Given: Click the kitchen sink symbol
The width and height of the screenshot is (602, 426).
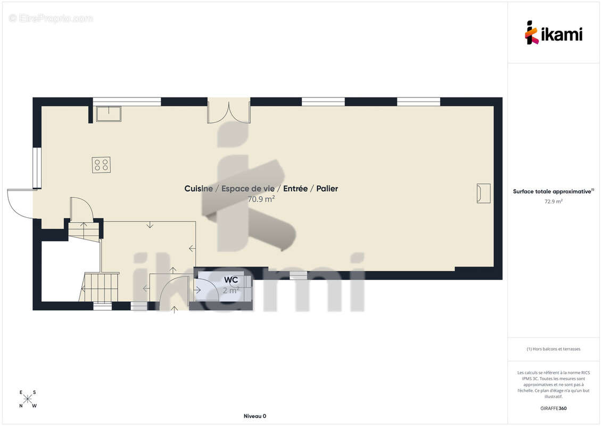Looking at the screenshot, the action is (x=109, y=114).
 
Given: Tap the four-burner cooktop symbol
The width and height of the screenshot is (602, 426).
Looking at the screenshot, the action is (x=101, y=165).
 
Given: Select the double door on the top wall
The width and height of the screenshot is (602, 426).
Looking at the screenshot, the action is (x=229, y=111).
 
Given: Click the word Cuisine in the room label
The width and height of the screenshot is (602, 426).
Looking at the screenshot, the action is (x=199, y=189).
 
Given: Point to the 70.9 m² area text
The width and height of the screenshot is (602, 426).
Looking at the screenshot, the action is (x=261, y=199).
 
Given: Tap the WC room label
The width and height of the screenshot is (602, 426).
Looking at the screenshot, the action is (x=231, y=280).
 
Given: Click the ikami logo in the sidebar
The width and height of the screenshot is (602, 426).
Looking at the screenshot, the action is (x=554, y=32).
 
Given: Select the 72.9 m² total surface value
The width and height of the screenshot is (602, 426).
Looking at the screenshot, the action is (x=553, y=201).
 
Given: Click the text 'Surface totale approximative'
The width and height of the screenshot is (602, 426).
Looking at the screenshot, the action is (x=552, y=191).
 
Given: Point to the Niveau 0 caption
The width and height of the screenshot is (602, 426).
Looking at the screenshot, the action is (x=255, y=416).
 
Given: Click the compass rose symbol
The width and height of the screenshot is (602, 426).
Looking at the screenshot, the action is (x=28, y=399).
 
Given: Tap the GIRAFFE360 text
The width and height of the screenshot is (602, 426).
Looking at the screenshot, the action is (x=553, y=408).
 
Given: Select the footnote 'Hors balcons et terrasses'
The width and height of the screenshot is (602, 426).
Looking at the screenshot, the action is (x=556, y=349).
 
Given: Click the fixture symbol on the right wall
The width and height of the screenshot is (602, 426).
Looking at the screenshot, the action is (x=483, y=193).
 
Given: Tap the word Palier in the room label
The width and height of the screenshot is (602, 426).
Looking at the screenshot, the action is (x=327, y=189).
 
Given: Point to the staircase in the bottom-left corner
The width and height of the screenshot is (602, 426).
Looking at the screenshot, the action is (x=99, y=287).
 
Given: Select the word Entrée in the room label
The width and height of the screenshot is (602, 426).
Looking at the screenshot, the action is (x=295, y=189).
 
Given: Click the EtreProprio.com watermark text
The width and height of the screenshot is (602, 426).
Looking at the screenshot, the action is (x=51, y=19).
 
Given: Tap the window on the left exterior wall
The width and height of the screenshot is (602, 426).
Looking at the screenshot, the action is (x=37, y=168).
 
